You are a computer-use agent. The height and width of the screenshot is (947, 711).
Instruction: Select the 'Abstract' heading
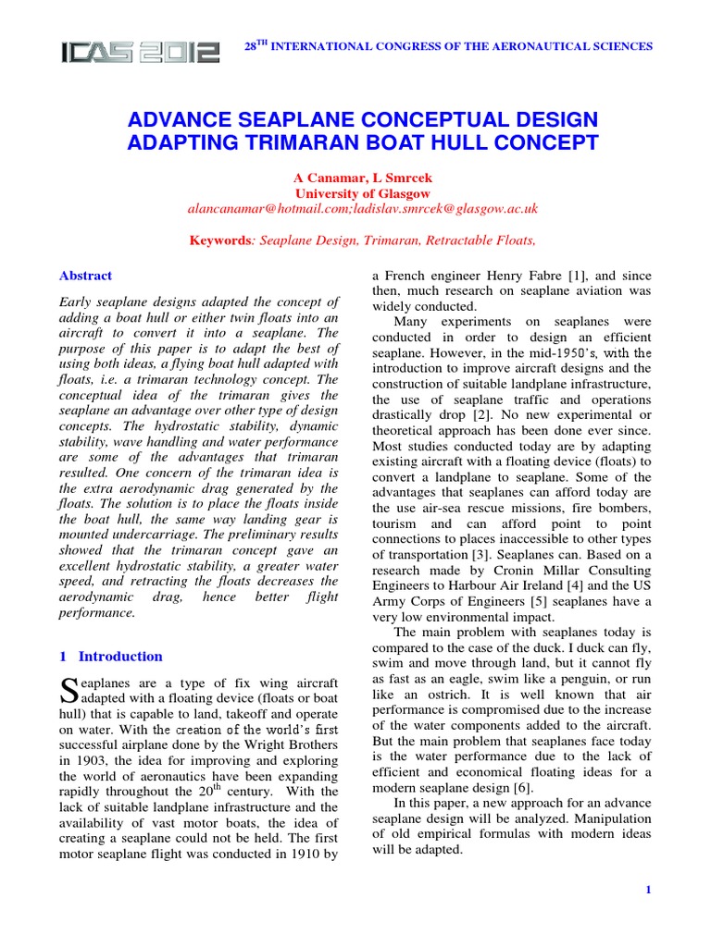point(85,276)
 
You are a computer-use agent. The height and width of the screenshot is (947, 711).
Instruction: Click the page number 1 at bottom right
point(649,890)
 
